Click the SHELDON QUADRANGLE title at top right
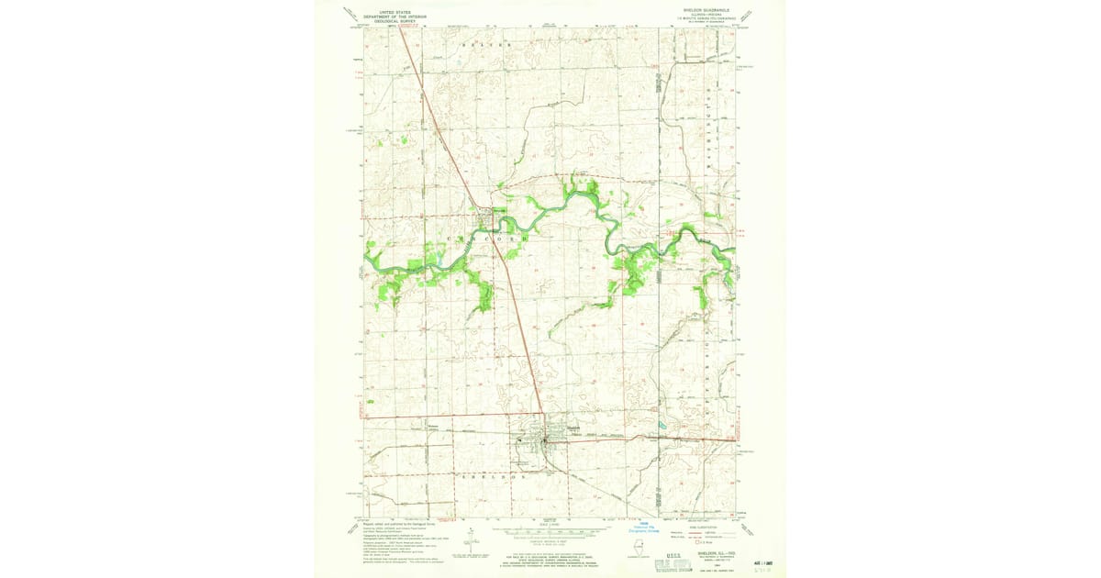tap(706, 11)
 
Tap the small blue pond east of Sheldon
tap(661, 426)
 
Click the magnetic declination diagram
tap(470, 543)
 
